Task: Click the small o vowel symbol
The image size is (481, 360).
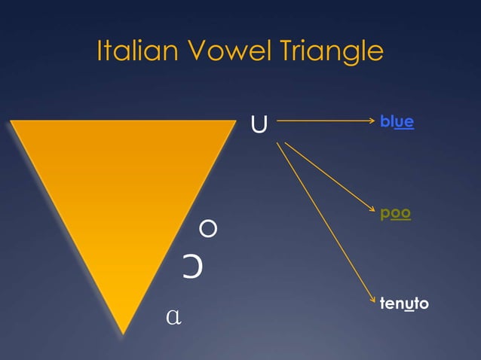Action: click(209, 227)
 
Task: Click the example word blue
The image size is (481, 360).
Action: click(397, 121)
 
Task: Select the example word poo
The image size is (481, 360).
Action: click(396, 213)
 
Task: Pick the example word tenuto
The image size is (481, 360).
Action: click(405, 304)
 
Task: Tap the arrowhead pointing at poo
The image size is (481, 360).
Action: click(372, 212)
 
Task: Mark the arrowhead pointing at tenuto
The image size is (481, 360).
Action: click(372, 300)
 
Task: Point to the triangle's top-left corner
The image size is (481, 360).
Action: click(12, 121)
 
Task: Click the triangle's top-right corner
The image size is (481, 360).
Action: click(236, 121)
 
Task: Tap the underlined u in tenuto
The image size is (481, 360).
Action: click(408, 304)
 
